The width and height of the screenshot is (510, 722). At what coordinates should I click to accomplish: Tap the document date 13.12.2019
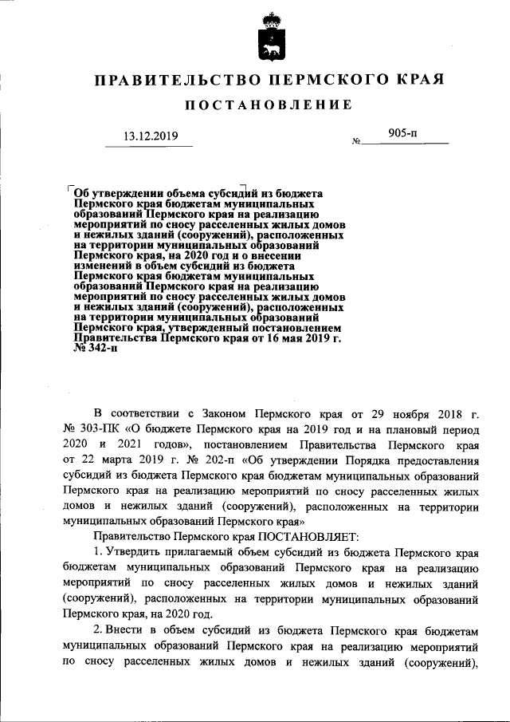point(151,136)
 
